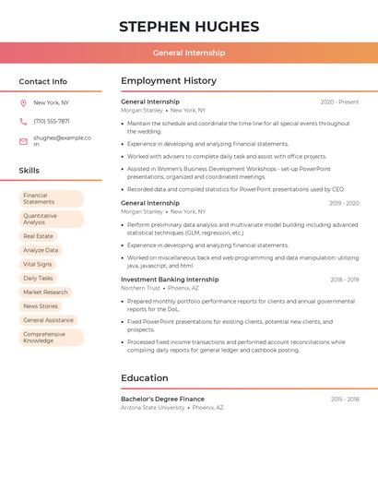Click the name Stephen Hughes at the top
tap(189, 27)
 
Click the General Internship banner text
tap(189, 53)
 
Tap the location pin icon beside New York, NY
tap(23, 102)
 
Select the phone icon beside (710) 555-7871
tap(23, 121)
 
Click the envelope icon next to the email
tap(23, 141)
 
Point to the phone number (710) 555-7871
tap(52, 121)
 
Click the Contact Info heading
tap(43, 81)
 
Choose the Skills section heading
tap(30, 171)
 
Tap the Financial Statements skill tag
tap(51, 198)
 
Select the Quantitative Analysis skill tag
tap(51, 219)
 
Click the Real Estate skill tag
tap(38, 236)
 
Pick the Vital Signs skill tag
tap(38, 264)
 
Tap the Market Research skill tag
tap(45, 292)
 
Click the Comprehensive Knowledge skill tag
tap(51, 338)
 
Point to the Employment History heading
tap(169, 81)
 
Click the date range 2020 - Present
tap(339, 101)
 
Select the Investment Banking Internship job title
tap(170, 280)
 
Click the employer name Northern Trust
tap(140, 288)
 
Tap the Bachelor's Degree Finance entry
tap(162, 399)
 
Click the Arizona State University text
tap(153, 407)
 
